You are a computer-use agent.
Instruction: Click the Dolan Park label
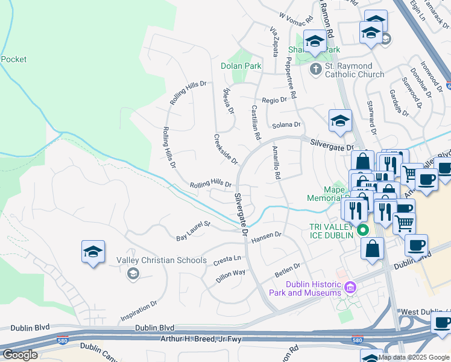point(240,65)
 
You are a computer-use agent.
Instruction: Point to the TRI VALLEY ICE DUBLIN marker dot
point(363,230)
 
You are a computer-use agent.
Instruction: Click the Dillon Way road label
point(230,276)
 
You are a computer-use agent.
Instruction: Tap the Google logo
point(19,355)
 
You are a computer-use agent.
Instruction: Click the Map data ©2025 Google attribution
point(414,357)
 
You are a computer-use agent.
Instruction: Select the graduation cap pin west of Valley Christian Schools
point(93,252)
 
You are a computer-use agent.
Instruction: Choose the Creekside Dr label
point(226,149)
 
